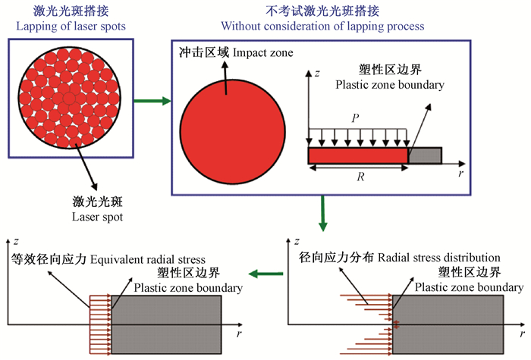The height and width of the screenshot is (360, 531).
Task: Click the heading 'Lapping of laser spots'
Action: pos(71,26)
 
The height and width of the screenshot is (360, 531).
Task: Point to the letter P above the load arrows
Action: pos(353,119)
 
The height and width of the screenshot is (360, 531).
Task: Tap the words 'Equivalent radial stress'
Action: pos(158,258)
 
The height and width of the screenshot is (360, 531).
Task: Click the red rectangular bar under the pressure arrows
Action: pos(357,156)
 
